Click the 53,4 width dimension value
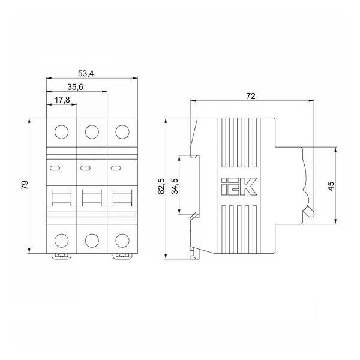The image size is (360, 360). coord(86,74)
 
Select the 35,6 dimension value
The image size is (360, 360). coord(76,87)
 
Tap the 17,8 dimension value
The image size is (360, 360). coord(62,100)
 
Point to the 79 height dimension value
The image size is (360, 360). coord(25,185)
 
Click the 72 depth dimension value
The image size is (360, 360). coord(251,96)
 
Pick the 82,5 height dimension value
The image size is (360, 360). coord(161,186)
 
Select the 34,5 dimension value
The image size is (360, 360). coord(175,186)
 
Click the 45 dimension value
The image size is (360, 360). coord(331,186)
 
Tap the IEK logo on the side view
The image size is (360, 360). coord(239,187)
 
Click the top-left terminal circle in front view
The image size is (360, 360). coord(62,132)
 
